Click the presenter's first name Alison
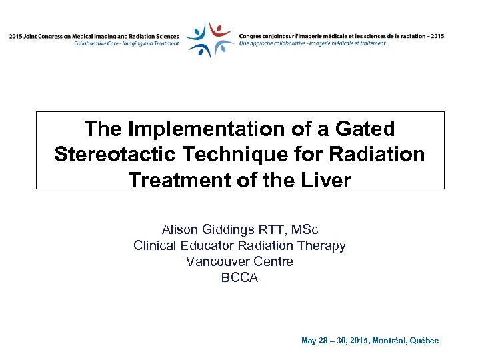click(x=180, y=230)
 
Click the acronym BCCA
click(x=239, y=277)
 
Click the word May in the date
click(x=309, y=341)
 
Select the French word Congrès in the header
click(x=253, y=36)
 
